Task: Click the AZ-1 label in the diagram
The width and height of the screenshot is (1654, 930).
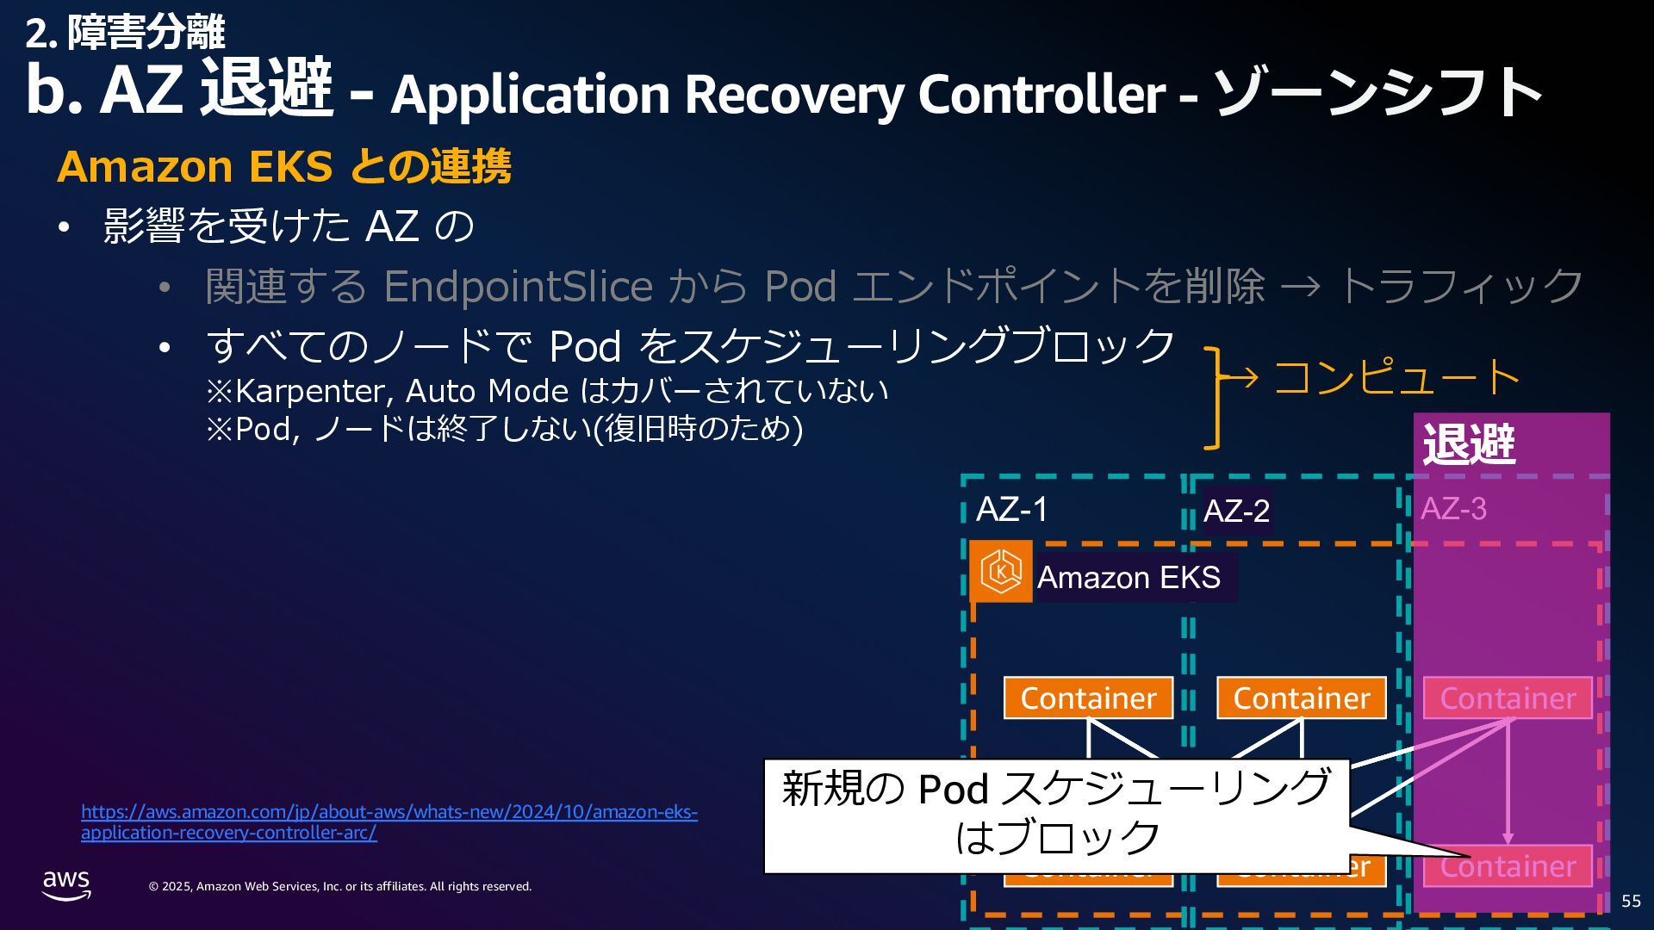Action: click(x=1011, y=509)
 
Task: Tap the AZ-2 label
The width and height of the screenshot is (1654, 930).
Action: click(x=1236, y=511)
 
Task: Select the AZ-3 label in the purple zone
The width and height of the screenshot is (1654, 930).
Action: click(x=1453, y=509)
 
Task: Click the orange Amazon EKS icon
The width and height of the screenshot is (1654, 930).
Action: click(x=1001, y=571)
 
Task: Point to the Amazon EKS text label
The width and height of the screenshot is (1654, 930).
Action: click(x=1129, y=577)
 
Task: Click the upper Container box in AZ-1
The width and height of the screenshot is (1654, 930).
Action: click(x=1088, y=697)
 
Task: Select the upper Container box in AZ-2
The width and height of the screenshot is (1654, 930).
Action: click(x=1301, y=697)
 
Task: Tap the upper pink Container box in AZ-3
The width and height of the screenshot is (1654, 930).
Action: click(x=1508, y=697)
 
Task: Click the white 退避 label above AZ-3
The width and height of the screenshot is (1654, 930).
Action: click(x=1469, y=444)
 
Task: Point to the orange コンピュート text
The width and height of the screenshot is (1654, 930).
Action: click(x=1396, y=377)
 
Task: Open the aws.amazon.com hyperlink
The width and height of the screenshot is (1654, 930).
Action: click(x=389, y=821)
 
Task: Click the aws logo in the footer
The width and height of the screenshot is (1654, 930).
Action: click(x=66, y=884)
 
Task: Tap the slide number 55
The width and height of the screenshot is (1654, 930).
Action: click(x=1631, y=901)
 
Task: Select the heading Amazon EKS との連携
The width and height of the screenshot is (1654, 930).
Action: click(x=283, y=166)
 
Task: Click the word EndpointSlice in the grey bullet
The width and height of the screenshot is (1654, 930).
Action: click(x=518, y=286)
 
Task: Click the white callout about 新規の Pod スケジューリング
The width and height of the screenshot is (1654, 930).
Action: click(x=1056, y=814)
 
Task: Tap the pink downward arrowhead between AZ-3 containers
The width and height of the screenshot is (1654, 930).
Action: click(x=1508, y=838)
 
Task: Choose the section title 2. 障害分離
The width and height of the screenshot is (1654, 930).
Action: click(x=125, y=33)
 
